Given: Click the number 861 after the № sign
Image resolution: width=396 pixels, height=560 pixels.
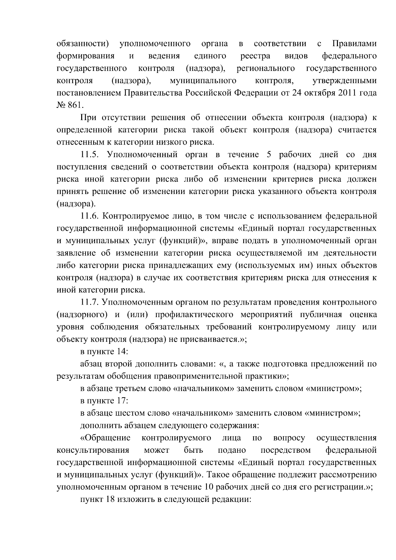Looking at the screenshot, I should (x=76, y=105).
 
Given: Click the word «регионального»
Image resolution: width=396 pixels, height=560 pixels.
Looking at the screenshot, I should (x=266, y=69).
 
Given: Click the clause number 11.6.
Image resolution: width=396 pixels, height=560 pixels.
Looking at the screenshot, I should (x=90, y=216).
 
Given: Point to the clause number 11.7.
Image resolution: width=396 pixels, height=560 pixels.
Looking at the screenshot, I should (x=90, y=302).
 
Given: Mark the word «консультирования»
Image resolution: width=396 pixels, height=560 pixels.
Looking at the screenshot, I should (x=93, y=450).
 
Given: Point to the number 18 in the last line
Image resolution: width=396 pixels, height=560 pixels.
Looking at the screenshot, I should (x=110, y=499).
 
